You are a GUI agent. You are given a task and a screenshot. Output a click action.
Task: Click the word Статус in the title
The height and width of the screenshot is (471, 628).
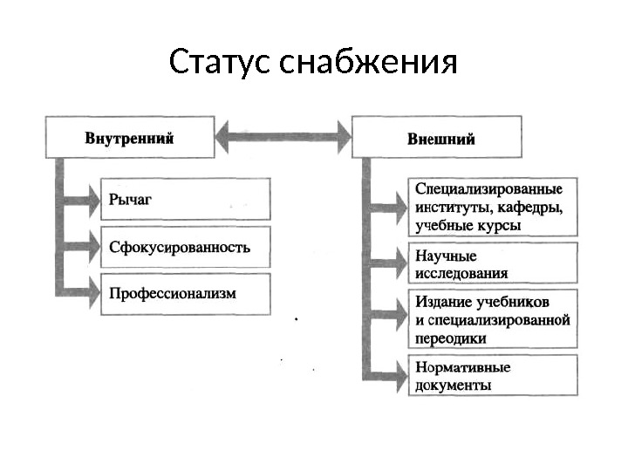(222, 63)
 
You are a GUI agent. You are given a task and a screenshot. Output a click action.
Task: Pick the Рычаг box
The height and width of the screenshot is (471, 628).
(185, 199)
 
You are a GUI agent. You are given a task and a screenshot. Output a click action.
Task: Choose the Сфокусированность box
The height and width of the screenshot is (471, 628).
(185, 247)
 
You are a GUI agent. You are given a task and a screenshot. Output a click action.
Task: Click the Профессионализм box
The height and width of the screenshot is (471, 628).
(185, 294)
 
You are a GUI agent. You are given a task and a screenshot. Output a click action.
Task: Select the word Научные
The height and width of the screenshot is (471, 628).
(446, 256)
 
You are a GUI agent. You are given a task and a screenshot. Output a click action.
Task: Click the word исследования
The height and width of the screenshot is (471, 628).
(461, 272)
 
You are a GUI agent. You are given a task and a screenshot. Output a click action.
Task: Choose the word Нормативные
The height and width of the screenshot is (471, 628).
(463, 367)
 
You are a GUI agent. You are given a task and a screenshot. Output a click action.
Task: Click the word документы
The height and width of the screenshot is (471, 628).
(453, 385)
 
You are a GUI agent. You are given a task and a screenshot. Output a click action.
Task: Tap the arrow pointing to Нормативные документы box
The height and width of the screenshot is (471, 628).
(388, 376)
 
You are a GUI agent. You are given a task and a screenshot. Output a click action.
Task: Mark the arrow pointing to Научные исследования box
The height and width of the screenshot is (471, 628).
(388, 263)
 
